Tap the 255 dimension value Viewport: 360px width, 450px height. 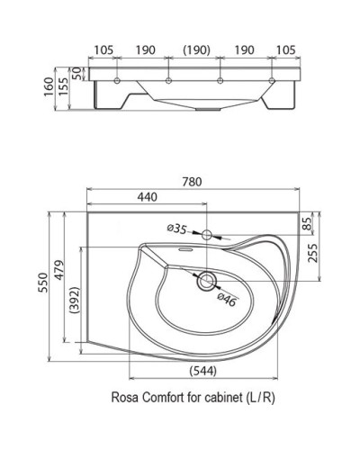(312, 255)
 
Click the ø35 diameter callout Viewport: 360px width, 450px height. (176, 229)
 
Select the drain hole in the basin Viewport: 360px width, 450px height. (206, 281)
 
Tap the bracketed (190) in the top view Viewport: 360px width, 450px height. (199, 51)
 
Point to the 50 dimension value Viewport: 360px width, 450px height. (77, 71)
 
